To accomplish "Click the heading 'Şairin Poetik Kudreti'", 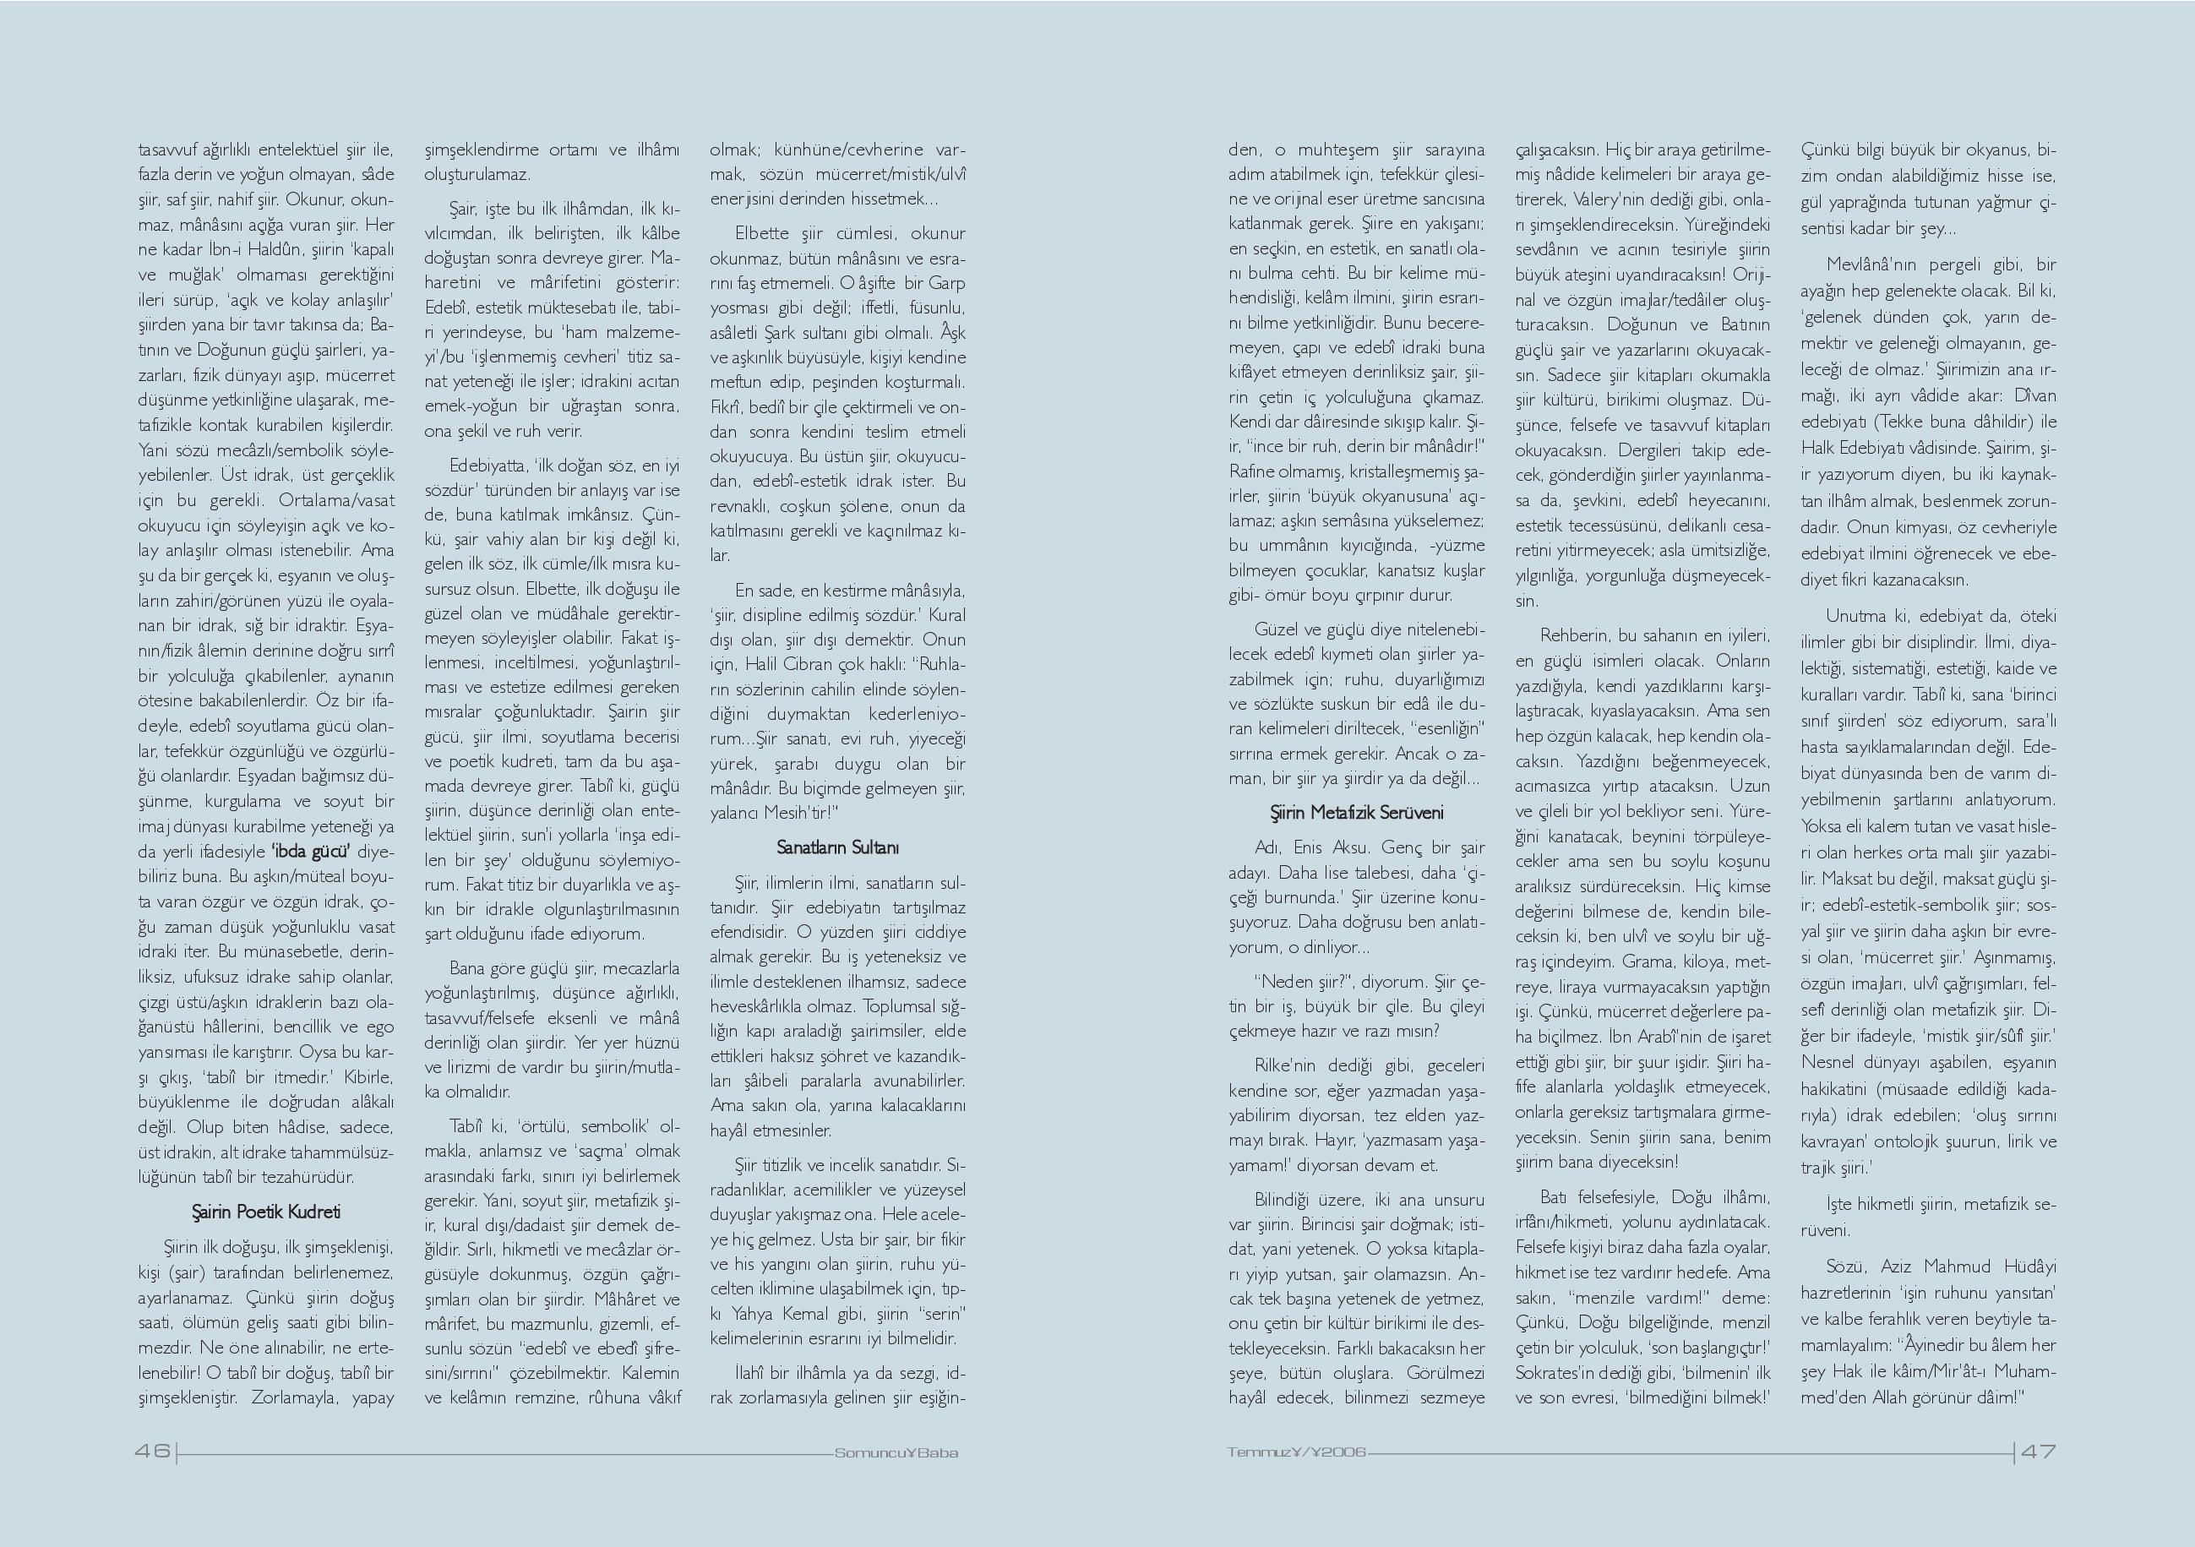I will (x=266, y=1212).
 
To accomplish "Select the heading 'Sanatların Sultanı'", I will (x=837, y=847).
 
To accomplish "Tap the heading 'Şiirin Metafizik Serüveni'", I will (x=1356, y=813).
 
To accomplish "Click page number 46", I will (x=152, y=1452).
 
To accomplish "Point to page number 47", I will (x=2037, y=1452).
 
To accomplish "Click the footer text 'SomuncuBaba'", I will (x=896, y=1453).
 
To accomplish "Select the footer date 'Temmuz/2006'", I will (x=1297, y=1452).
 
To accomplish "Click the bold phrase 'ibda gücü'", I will (x=311, y=851).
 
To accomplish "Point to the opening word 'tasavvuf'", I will (x=166, y=150).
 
